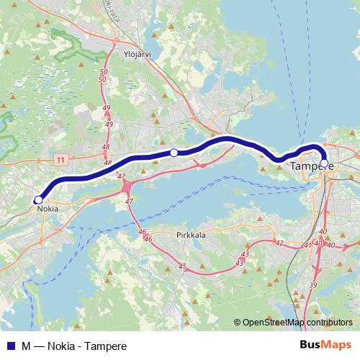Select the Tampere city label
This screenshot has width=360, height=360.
click(312, 166)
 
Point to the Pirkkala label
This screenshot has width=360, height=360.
click(191, 235)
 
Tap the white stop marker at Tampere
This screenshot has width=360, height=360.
click(323, 163)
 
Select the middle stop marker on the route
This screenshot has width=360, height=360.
click(174, 152)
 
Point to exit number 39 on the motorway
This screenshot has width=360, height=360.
click(312, 286)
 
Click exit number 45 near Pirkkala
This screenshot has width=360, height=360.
click(181, 266)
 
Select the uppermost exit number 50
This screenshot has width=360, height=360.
click(104, 71)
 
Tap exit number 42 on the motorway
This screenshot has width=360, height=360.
click(279, 243)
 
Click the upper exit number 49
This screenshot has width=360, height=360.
click(107, 108)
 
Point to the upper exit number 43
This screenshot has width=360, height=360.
click(245, 254)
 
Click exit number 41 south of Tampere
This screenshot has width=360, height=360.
click(307, 246)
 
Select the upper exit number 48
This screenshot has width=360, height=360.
click(106, 146)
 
